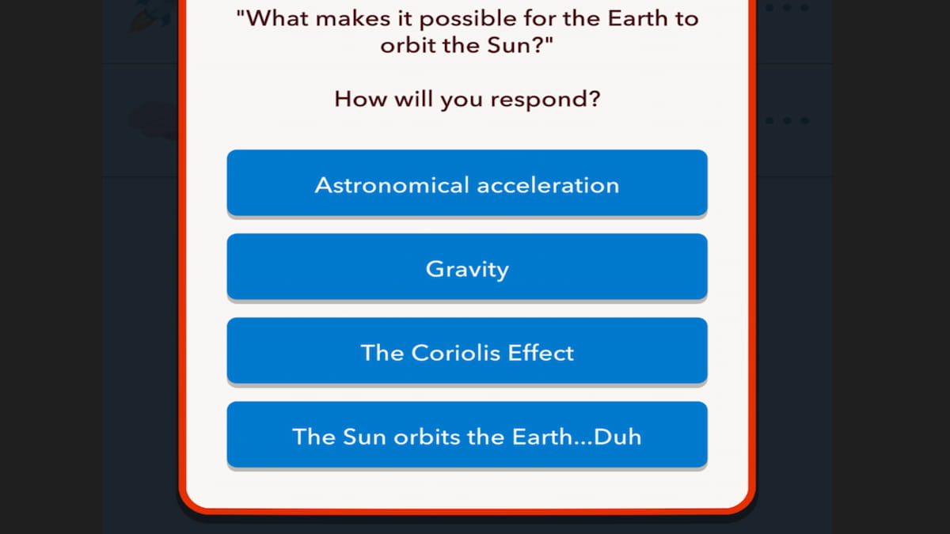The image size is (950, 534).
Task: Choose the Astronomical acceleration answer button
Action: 467,184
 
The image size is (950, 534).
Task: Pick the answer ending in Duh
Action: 467,435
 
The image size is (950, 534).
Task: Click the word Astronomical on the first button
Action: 392,184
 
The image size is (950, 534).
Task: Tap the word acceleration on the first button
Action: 548,184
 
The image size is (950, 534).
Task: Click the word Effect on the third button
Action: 541,352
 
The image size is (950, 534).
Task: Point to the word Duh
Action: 617,436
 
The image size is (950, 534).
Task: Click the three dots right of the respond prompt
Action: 787,121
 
